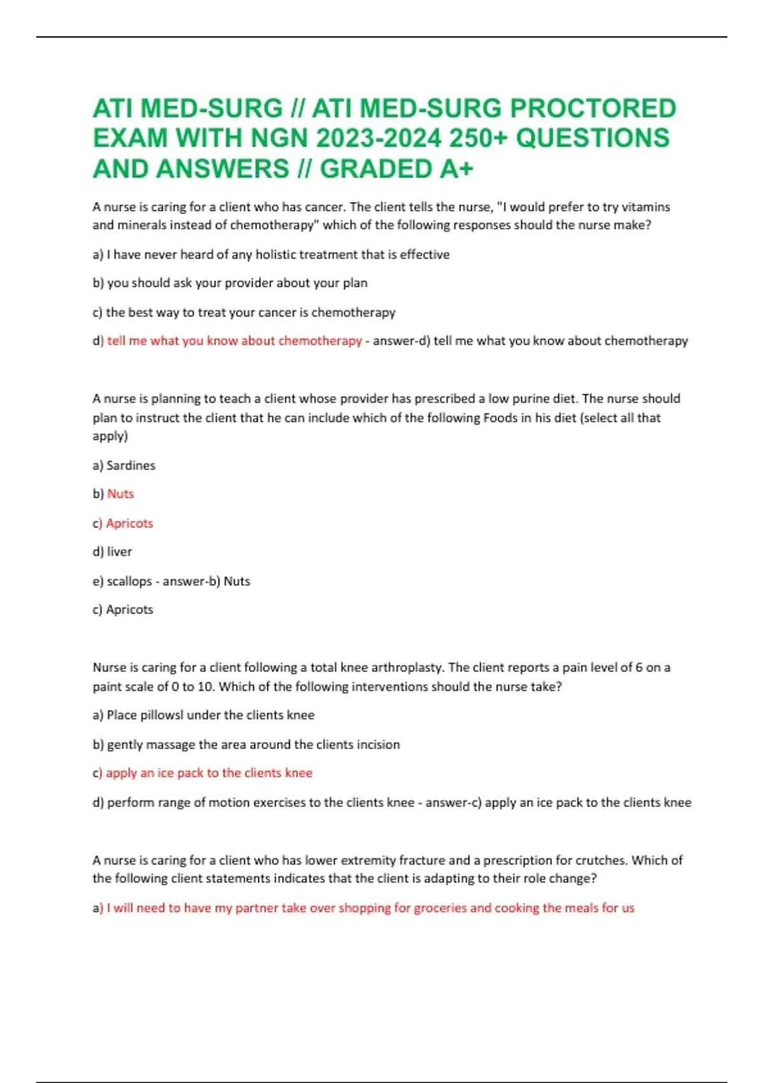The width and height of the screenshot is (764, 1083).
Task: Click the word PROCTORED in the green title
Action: (593, 108)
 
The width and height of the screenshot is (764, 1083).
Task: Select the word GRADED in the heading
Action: (376, 169)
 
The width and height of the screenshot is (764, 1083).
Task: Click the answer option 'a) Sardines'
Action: (124, 466)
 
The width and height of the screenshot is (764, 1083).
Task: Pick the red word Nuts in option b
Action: (120, 494)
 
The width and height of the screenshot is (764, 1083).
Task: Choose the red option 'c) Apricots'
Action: (123, 523)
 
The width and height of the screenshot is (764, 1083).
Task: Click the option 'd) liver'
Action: (112, 552)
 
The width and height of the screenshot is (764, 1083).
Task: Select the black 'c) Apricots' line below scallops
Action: (123, 610)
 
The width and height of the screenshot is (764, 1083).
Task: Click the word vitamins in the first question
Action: (646, 207)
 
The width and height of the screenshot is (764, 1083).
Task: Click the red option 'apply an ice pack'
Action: (209, 773)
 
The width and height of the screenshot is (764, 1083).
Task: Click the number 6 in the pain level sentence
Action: (639, 668)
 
